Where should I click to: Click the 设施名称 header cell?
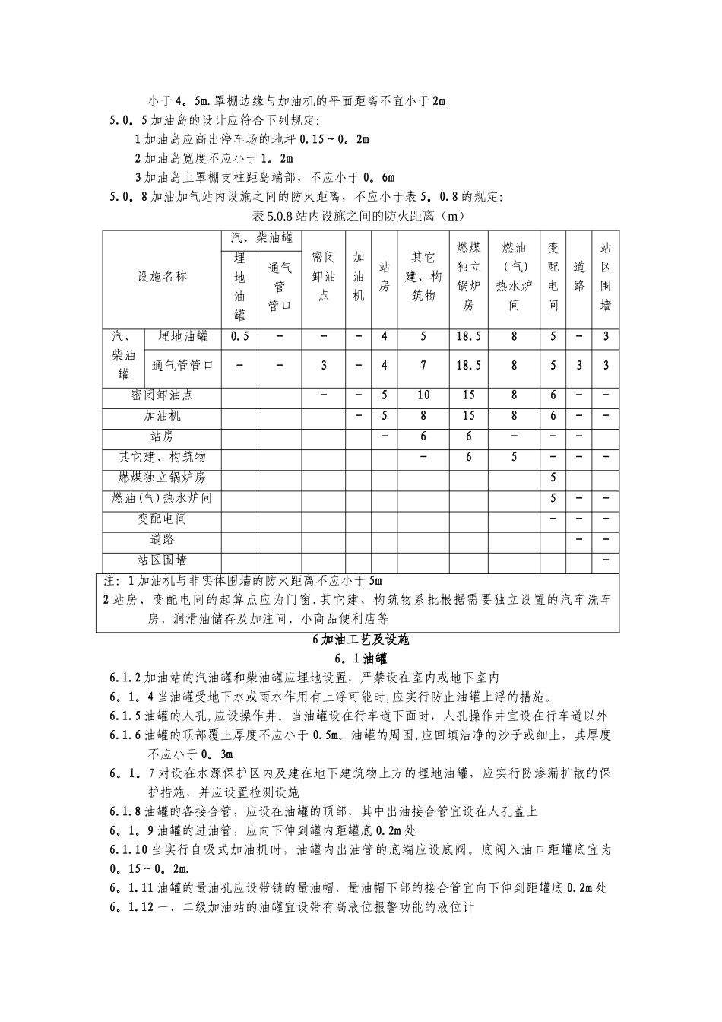coord(162,277)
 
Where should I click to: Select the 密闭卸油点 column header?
coord(323,277)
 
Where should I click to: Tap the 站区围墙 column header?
coord(606,277)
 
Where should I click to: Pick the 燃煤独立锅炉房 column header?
coord(468,277)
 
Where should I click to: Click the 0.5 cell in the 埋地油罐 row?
coord(239,336)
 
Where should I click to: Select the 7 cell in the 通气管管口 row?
coord(423,365)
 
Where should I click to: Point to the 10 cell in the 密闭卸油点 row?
coord(423,395)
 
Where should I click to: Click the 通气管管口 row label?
coord(182,365)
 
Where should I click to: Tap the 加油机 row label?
coord(162,416)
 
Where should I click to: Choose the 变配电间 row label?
coord(162,519)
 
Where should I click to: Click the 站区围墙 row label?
coord(162,560)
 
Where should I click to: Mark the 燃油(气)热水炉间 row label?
coord(162,498)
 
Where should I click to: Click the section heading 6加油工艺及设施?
coord(361,640)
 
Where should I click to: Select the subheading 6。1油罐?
coord(361,659)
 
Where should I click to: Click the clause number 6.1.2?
coord(125,678)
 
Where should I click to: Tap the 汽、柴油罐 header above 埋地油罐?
coord(261,238)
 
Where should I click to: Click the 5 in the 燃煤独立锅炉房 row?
coord(553,478)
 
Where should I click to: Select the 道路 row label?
coord(162,540)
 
